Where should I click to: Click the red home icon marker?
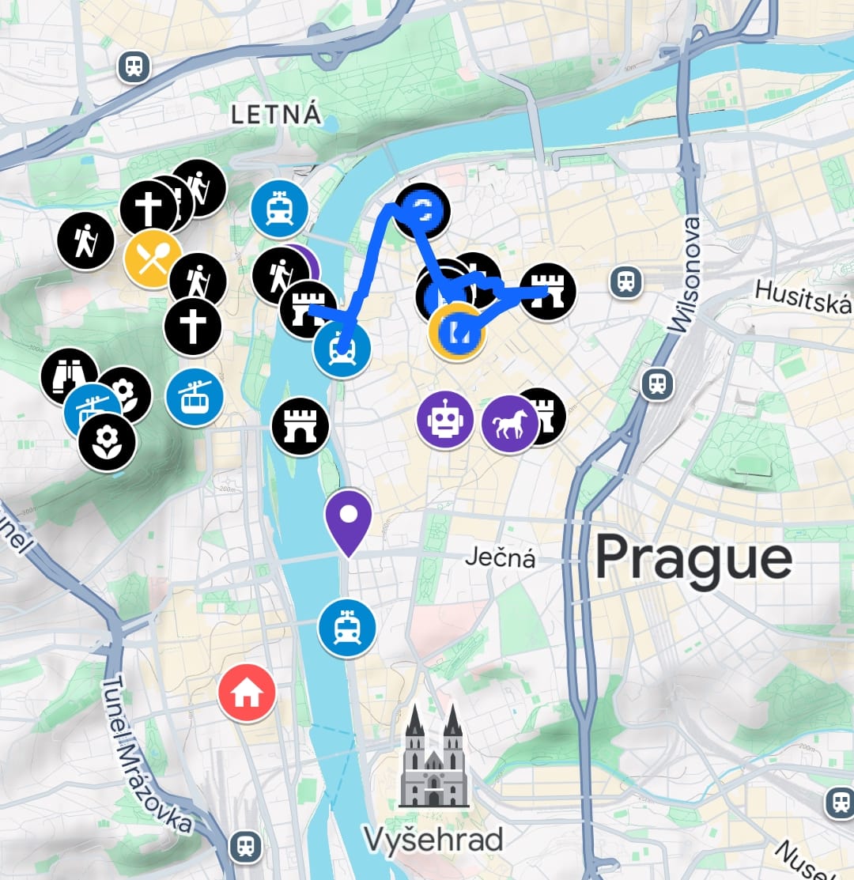coord(247,693)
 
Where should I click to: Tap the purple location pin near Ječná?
coord(348,518)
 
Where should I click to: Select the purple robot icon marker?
coord(445,420)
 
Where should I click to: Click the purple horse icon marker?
coord(509,425)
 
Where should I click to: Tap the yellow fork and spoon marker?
coord(152,259)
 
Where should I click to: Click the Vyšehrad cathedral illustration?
coord(433,758)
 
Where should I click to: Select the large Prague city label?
coord(693,559)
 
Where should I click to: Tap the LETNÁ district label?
coord(277,115)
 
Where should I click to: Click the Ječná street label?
coord(500,559)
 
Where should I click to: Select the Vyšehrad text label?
coord(433,839)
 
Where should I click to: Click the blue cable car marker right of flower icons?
coord(194,398)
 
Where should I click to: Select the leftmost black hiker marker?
coord(85,241)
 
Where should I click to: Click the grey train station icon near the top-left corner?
coord(134,66)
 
